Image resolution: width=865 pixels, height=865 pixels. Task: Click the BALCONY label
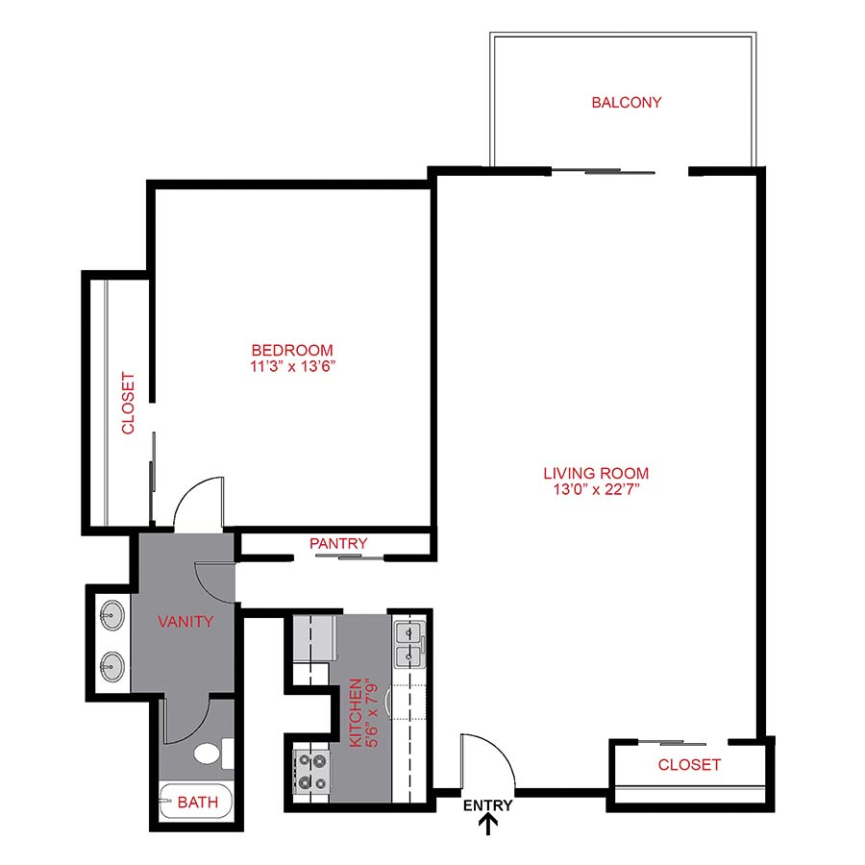(x=627, y=102)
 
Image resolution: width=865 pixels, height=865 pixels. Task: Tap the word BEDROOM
(x=292, y=350)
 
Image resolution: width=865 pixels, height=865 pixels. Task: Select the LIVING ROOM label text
(x=596, y=473)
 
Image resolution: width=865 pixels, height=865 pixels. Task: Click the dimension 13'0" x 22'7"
(x=596, y=489)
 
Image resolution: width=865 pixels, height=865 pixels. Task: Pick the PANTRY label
(x=338, y=544)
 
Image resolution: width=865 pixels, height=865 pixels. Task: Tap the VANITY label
(x=185, y=622)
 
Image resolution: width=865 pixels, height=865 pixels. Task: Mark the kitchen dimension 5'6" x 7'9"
(x=371, y=713)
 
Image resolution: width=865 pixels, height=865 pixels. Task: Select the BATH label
(x=197, y=802)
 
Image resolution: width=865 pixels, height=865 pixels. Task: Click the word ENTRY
(x=487, y=805)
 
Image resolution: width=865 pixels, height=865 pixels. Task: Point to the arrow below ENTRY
(x=488, y=824)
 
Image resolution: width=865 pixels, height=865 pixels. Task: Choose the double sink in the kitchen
(x=409, y=644)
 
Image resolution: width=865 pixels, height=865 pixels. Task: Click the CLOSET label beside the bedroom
(x=128, y=404)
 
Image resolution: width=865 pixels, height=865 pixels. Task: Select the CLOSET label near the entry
(x=689, y=765)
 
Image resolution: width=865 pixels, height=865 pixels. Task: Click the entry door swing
(x=488, y=759)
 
